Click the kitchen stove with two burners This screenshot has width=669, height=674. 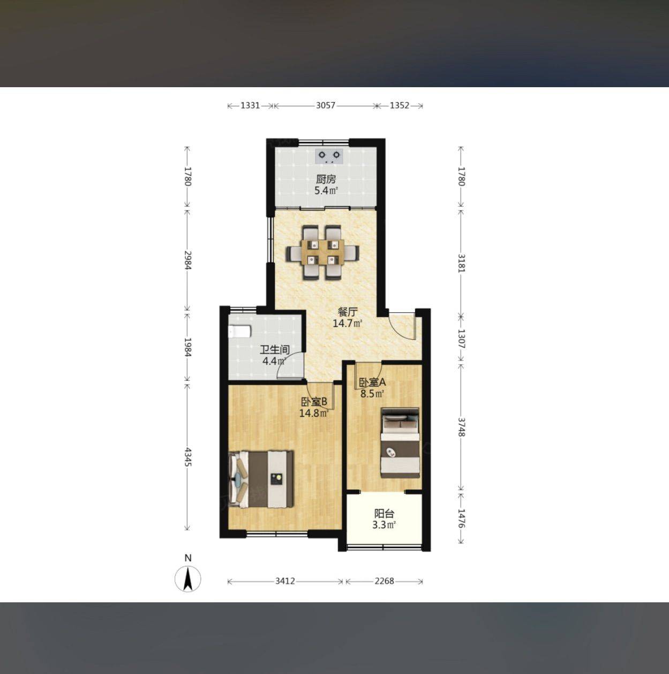click(x=329, y=156)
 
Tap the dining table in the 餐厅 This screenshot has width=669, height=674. click(x=322, y=252)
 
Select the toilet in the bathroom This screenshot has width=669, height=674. click(x=239, y=331)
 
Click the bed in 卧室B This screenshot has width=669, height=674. click(x=261, y=479)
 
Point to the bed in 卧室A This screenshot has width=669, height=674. click(x=400, y=443)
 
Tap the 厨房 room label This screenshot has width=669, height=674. click(x=326, y=179)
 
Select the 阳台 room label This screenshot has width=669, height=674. click(x=385, y=514)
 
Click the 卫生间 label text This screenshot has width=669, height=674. click(x=275, y=350)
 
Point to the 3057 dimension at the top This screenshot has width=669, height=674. click(x=325, y=105)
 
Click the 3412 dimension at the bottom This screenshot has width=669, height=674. click(x=285, y=581)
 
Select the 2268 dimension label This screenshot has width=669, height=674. click(x=384, y=581)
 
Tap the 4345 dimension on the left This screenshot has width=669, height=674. click(x=188, y=457)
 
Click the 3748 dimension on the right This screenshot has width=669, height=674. click(x=461, y=427)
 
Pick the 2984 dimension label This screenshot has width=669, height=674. click(x=188, y=260)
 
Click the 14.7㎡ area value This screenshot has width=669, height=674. click(x=347, y=323)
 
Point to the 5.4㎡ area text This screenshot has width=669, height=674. click(x=326, y=191)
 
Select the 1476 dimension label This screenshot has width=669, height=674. click(x=461, y=518)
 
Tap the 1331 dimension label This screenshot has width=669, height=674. click(x=250, y=105)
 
